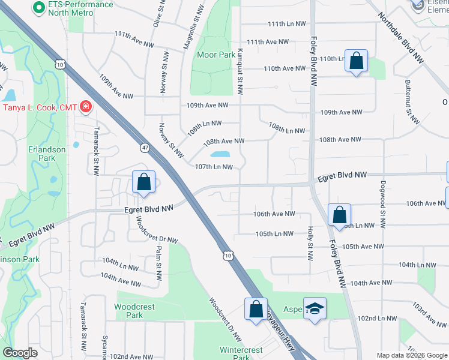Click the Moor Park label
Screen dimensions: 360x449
coord(217,55)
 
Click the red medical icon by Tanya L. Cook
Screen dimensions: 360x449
coord(86,107)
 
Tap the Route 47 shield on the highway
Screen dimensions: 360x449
coord(145,147)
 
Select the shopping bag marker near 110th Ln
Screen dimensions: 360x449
coord(356,61)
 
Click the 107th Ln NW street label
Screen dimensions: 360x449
coord(214,167)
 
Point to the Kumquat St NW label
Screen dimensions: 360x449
coord(240,71)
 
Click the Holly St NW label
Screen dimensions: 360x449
coord(310,243)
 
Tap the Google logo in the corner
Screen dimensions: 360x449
coord(20,353)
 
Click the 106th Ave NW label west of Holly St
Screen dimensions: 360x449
coord(274,214)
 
